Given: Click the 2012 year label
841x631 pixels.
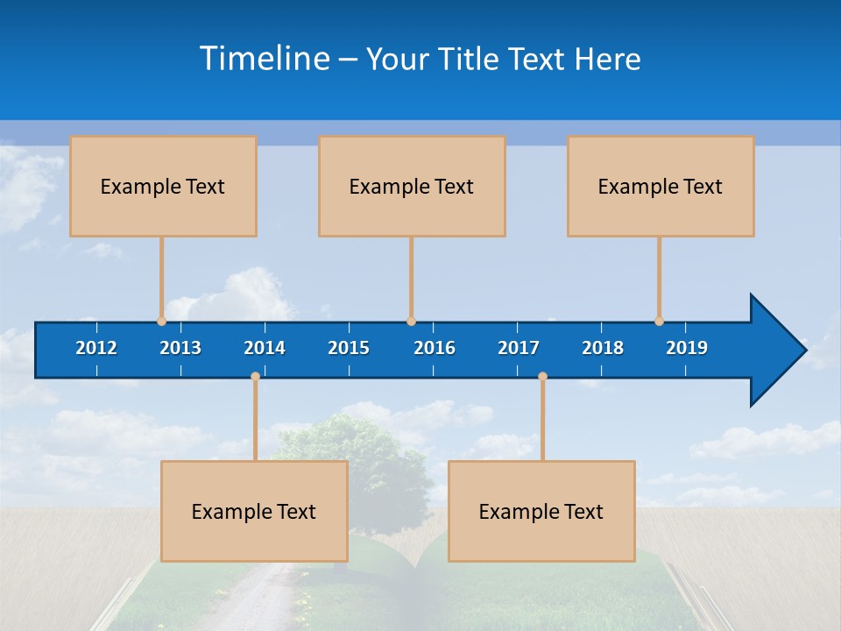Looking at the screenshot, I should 96,348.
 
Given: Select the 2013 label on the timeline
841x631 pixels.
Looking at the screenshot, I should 180,348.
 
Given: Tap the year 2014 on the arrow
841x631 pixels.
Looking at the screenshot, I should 265,348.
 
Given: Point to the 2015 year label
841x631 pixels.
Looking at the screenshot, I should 349,348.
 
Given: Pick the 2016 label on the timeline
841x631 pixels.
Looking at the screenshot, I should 435,348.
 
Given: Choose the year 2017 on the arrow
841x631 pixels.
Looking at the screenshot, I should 519,348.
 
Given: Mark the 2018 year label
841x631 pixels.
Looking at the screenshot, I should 603,348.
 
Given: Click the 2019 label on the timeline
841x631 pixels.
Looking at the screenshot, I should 687,348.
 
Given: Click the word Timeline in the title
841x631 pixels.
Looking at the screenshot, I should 265,59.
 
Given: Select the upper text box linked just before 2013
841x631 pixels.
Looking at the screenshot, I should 163,186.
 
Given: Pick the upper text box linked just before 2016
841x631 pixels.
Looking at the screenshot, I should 412,186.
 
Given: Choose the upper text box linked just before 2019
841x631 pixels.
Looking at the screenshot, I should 661,186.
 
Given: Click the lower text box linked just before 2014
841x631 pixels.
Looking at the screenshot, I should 254,511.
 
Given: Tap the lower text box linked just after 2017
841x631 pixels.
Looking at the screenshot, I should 541,511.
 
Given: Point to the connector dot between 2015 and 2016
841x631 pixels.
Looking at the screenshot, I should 411,322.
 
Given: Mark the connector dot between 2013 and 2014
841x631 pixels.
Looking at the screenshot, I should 255,376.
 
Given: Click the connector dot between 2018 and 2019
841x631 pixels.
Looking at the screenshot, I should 659,322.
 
